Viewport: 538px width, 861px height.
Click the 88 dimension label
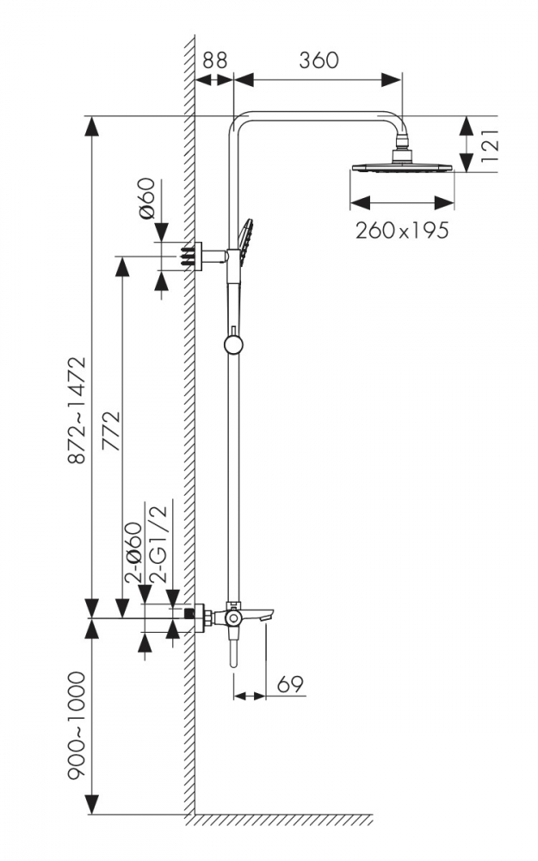click(214, 60)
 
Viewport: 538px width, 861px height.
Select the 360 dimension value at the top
click(318, 60)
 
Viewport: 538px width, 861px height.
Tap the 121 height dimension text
click(489, 145)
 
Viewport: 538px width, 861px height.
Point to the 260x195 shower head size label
click(402, 230)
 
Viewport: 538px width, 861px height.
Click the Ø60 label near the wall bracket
click(148, 198)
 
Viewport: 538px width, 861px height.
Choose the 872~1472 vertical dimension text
click(77, 410)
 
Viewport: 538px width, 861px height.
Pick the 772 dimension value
click(111, 430)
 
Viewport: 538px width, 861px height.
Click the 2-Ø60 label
click(133, 551)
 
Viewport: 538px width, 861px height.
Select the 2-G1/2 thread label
click(157, 543)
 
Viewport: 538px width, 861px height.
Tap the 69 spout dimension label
click(290, 684)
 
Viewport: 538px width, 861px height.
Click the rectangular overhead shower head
click(402, 167)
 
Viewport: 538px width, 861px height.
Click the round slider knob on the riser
click(233, 344)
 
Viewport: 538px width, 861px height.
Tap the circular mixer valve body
click(233, 617)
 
